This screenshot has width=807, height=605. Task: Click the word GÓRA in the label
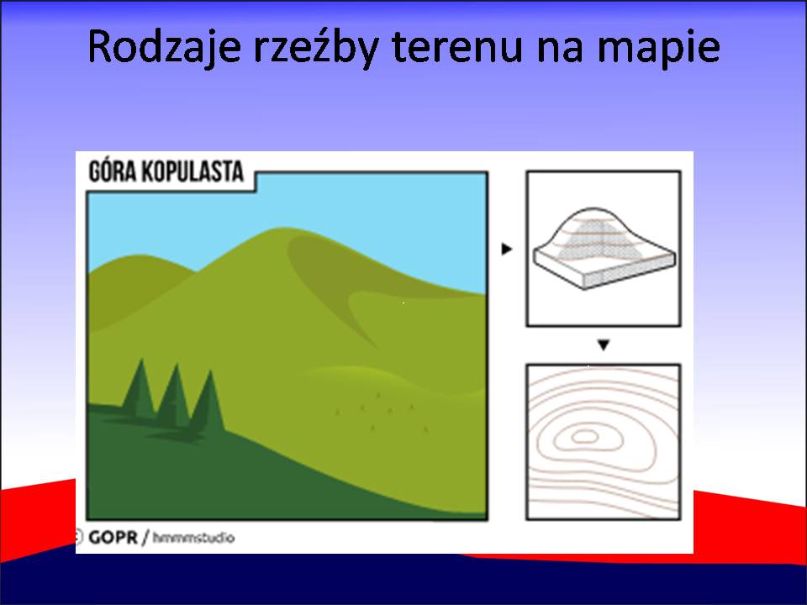(112, 171)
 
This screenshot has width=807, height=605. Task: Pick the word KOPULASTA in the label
(193, 171)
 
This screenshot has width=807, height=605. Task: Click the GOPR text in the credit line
(113, 538)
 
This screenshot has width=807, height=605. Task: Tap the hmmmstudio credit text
(193, 538)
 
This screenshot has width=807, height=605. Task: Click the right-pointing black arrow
(507, 249)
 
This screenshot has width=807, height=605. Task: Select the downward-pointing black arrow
(604, 345)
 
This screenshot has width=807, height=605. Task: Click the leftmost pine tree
(139, 389)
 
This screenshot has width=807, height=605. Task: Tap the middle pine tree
(174, 396)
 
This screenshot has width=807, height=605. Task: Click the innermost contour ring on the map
(585, 437)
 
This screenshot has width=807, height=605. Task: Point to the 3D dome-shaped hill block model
(604, 248)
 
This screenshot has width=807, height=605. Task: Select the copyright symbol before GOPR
(79, 537)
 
